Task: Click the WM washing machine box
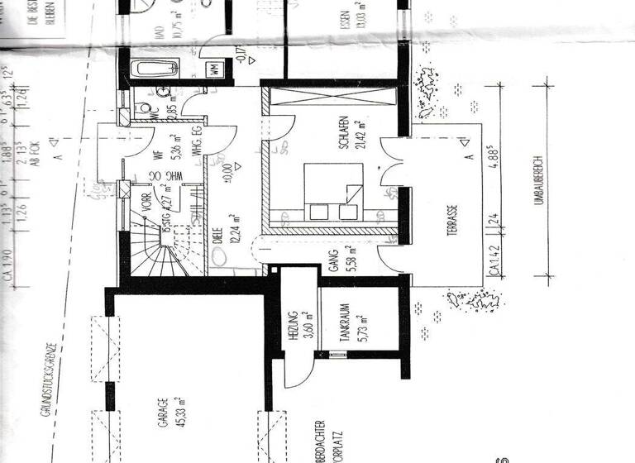pyautogui.click(x=215, y=69)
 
